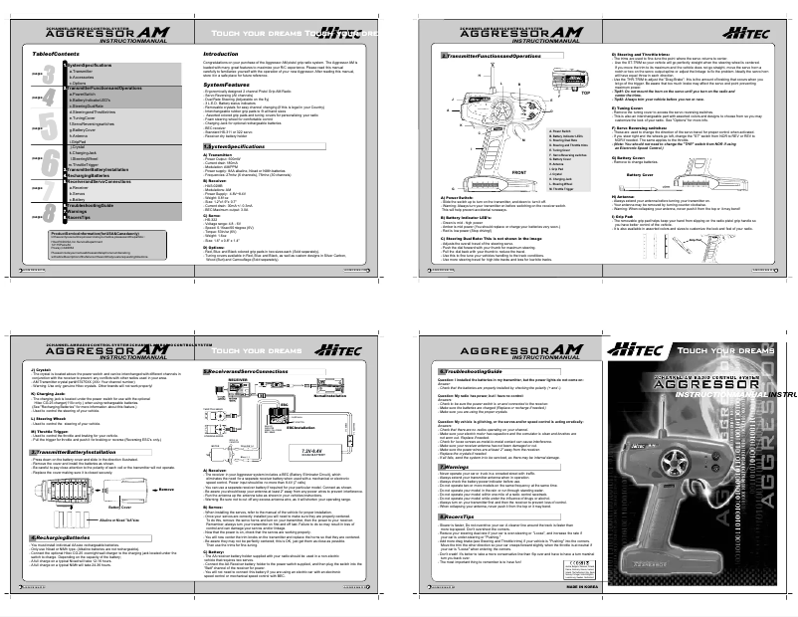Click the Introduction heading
221,54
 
